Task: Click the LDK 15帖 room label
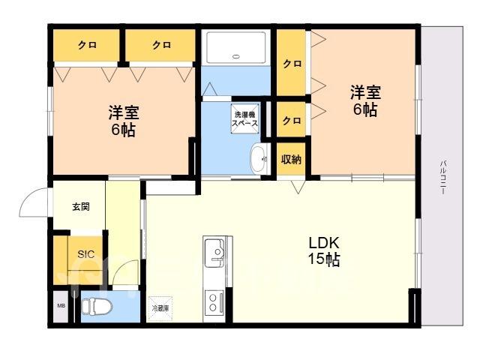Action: pyautogui.click(x=324, y=251)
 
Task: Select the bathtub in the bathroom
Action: pyautogui.click(x=235, y=47)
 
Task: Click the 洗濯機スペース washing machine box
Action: pyautogui.click(x=245, y=118)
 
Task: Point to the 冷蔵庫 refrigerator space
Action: pyautogui.click(x=160, y=308)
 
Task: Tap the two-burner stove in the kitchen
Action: pyautogui.click(x=214, y=302)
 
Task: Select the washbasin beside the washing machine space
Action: pyautogui.click(x=259, y=159)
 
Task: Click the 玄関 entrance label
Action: pyautogui.click(x=81, y=207)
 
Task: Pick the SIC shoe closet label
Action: pyautogui.click(x=86, y=254)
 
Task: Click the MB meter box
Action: pyautogui.click(x=61, y=306)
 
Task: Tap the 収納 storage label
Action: pyautogui.click(x=291, y=159)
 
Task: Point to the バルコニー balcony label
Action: pyautogui.click(x=442, y=178)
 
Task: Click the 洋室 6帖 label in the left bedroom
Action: pyautogui.click(x=123, y=121)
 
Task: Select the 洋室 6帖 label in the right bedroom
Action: pyautogui.click(x=365, y=100)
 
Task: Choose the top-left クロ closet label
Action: pyautogui.click(x=87, y=45)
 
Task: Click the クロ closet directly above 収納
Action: pyautogui.click(x=292, y=120)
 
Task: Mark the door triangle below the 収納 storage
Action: pyautogui.click(x=298, y=187)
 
